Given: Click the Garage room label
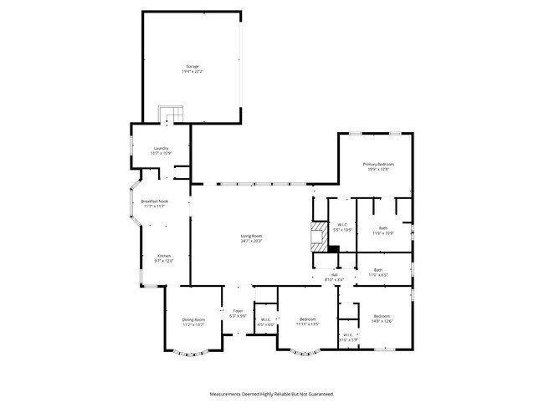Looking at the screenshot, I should coord(192,66).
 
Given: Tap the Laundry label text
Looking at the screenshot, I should coord(161,149).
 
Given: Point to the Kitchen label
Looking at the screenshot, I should coord(164,256).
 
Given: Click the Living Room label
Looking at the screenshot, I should coord(252,236).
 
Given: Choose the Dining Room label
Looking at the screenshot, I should coord(193,319).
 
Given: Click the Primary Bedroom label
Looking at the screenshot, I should coord(378,164).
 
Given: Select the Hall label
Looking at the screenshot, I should coord(334,275).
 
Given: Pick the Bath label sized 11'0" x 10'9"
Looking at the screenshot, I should coord(382,227).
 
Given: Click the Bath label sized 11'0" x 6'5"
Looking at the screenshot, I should coord(378,270).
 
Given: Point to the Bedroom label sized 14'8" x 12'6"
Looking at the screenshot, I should coord(382,316).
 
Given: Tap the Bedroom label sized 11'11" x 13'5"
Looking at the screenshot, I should coord(308,319).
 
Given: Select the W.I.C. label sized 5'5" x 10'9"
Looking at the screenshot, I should coord(342,224).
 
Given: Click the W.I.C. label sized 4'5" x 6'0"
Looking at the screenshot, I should coord(264,319).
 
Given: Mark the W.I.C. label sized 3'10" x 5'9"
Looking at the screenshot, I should coord(349,336).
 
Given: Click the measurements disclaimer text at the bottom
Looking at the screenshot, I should coord(272,393).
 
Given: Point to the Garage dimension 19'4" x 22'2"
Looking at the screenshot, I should coord(192,72).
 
